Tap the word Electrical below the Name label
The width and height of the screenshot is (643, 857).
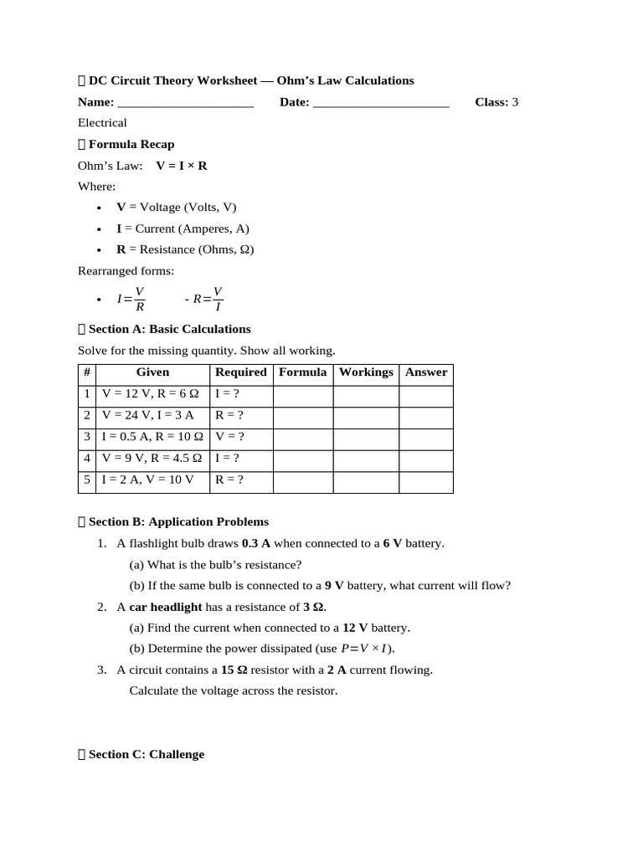tap(102, 123)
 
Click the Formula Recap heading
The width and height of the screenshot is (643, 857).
tap(131, 144)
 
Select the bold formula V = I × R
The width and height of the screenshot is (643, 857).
tap(182, 166)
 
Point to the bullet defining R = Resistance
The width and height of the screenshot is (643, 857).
tap(185, 249)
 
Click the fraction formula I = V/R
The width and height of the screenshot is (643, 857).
tap(131, 298)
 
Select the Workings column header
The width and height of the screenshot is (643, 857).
tap(366, 372)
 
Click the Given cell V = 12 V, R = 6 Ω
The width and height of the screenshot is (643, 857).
tap(150, 393)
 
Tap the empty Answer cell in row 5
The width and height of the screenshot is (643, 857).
tap(425, 480)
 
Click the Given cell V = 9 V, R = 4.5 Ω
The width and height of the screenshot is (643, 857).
tap(152, 459)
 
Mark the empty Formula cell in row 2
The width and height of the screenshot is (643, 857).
tap(302, 415)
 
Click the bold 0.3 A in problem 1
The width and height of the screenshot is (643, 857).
tap(257, 544)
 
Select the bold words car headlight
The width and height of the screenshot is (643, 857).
tap(166, 607)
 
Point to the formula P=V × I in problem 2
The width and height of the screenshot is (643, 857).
tap(365, 649)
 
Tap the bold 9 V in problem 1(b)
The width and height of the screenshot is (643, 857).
tap(334, 586)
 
